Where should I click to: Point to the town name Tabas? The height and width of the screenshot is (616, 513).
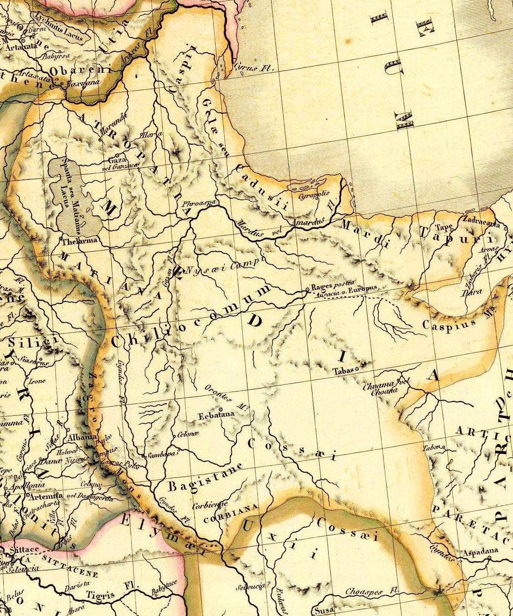[x=343, y=371]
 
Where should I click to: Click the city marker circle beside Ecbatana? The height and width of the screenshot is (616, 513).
[x=221, y=409]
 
